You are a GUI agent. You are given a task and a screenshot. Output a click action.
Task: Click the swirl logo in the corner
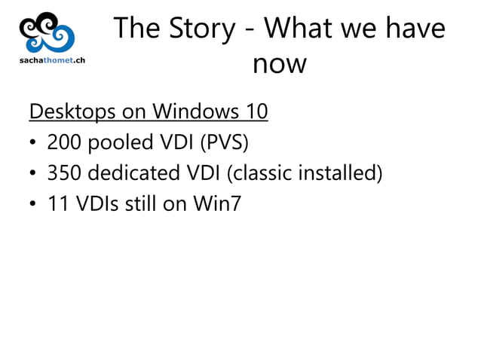click(x=47, y=32)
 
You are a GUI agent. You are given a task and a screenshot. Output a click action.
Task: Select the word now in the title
click(x=279, y=64)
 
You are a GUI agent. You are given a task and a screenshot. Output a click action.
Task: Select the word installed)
click(x=339, y=172)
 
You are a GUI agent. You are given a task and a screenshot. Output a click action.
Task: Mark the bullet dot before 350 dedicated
click(x=34, y=174)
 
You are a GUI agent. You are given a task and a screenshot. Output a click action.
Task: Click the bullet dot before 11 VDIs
click(x=34, y=204)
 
